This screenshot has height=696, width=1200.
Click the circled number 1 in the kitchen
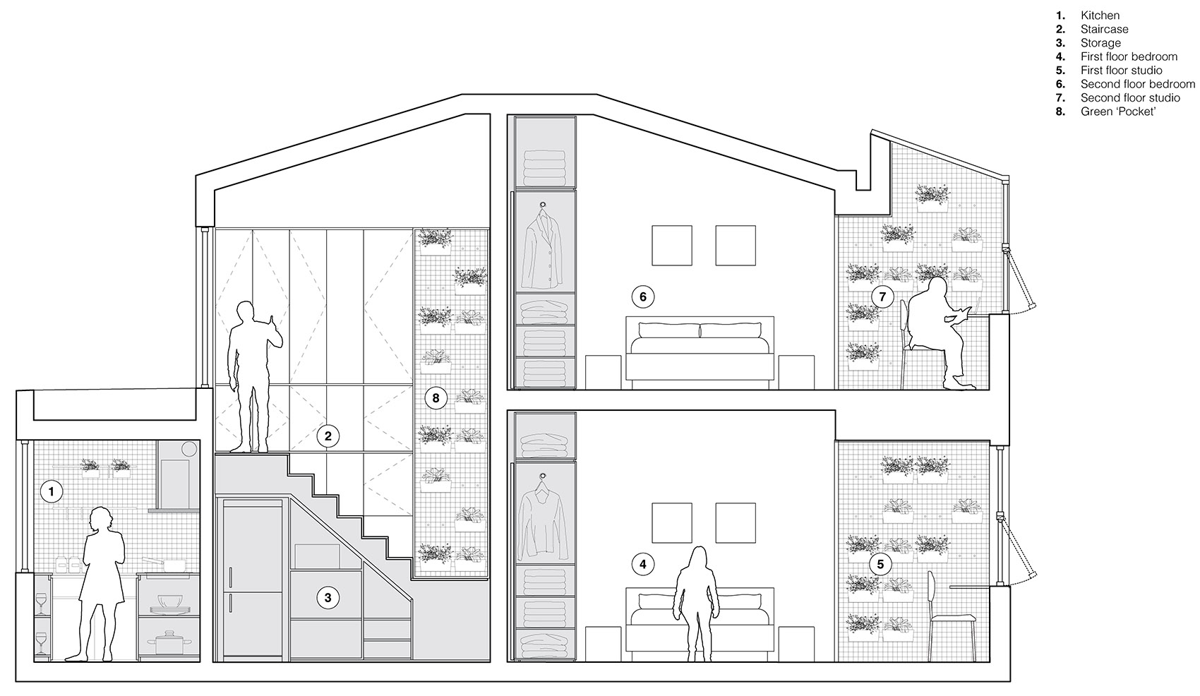click(x=52, y=491)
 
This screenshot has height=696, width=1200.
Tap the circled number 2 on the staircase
click(x=328, y=436)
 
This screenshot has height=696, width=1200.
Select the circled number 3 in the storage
click(x=328, y=597)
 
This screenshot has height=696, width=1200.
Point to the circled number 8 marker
click(x=436, y=398)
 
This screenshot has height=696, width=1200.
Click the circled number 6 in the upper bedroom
click(x=643, y=296)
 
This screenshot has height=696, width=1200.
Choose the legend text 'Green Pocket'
click(x=1118, y=112)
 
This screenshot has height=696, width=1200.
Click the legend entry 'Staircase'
click(x=1104, y=29)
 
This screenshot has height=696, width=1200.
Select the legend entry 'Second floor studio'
click(x=1130, y=97)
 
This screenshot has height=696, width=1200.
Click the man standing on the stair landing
click(x=251, y=378)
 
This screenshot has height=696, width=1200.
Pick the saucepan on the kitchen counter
click(x=165, y=564)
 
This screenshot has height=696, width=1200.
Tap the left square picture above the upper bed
click(x=672, y=246)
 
